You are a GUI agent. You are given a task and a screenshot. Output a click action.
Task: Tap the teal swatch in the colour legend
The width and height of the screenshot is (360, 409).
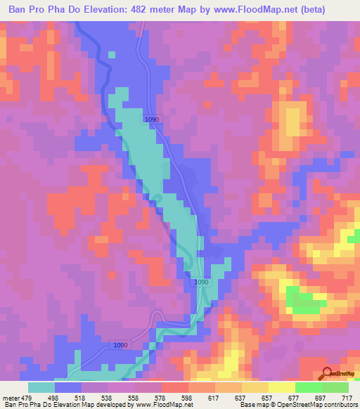point(41,387)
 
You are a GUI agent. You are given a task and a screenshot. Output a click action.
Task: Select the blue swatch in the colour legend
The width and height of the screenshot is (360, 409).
point(68,387)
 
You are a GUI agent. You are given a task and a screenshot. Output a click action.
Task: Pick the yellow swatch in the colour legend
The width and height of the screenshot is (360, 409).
point(282,387)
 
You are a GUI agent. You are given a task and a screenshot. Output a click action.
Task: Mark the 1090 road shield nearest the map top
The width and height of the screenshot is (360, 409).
point(153,119)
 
